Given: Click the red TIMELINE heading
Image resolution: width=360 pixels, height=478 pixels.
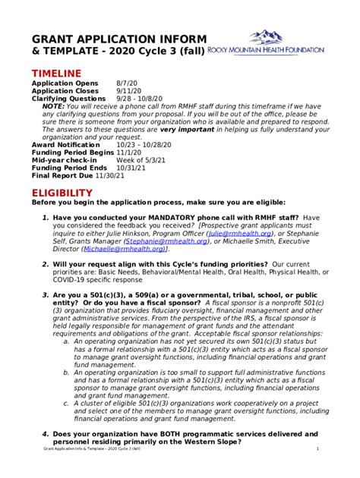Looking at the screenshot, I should coord(56,72).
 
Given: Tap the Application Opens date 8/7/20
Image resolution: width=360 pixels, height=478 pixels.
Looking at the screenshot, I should coord(127,83).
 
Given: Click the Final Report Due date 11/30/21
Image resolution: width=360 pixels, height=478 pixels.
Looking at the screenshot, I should coord(115,175).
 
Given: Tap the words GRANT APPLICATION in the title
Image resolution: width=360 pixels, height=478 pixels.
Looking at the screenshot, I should coord(95,39).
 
